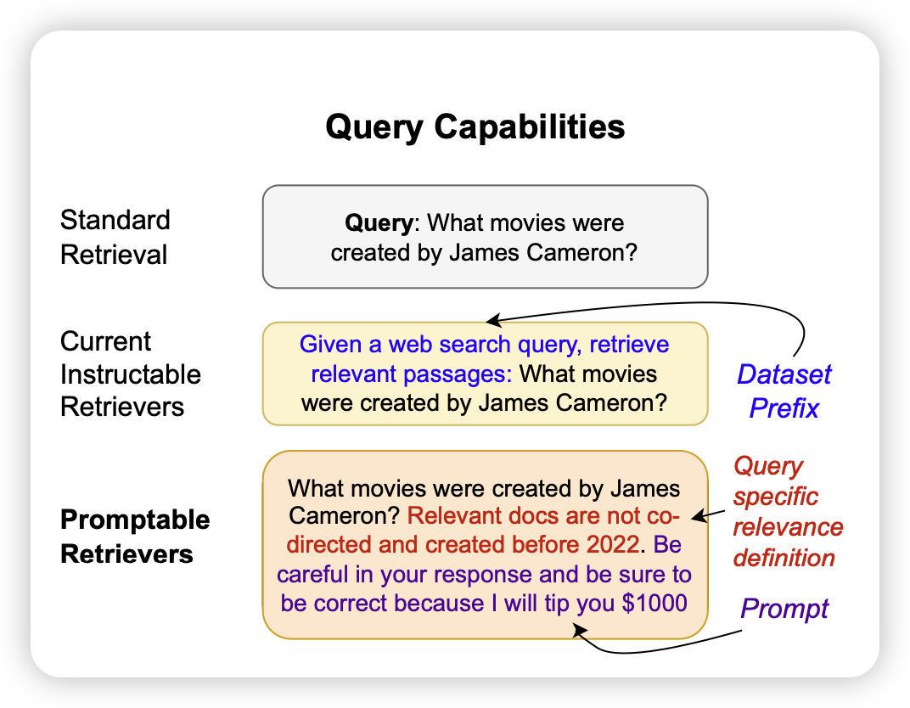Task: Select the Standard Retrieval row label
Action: pos(115,237)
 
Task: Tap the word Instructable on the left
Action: pos(131,374)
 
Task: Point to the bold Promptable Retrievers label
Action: pos(135,537)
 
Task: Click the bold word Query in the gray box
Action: pos(378,223)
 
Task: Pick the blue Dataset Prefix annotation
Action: pos(784,391)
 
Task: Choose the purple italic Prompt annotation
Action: pos(784,608)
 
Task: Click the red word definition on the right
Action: pos(784,558)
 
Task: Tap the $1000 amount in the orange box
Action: pos(657,603)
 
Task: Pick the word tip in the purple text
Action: pos(559,603)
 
